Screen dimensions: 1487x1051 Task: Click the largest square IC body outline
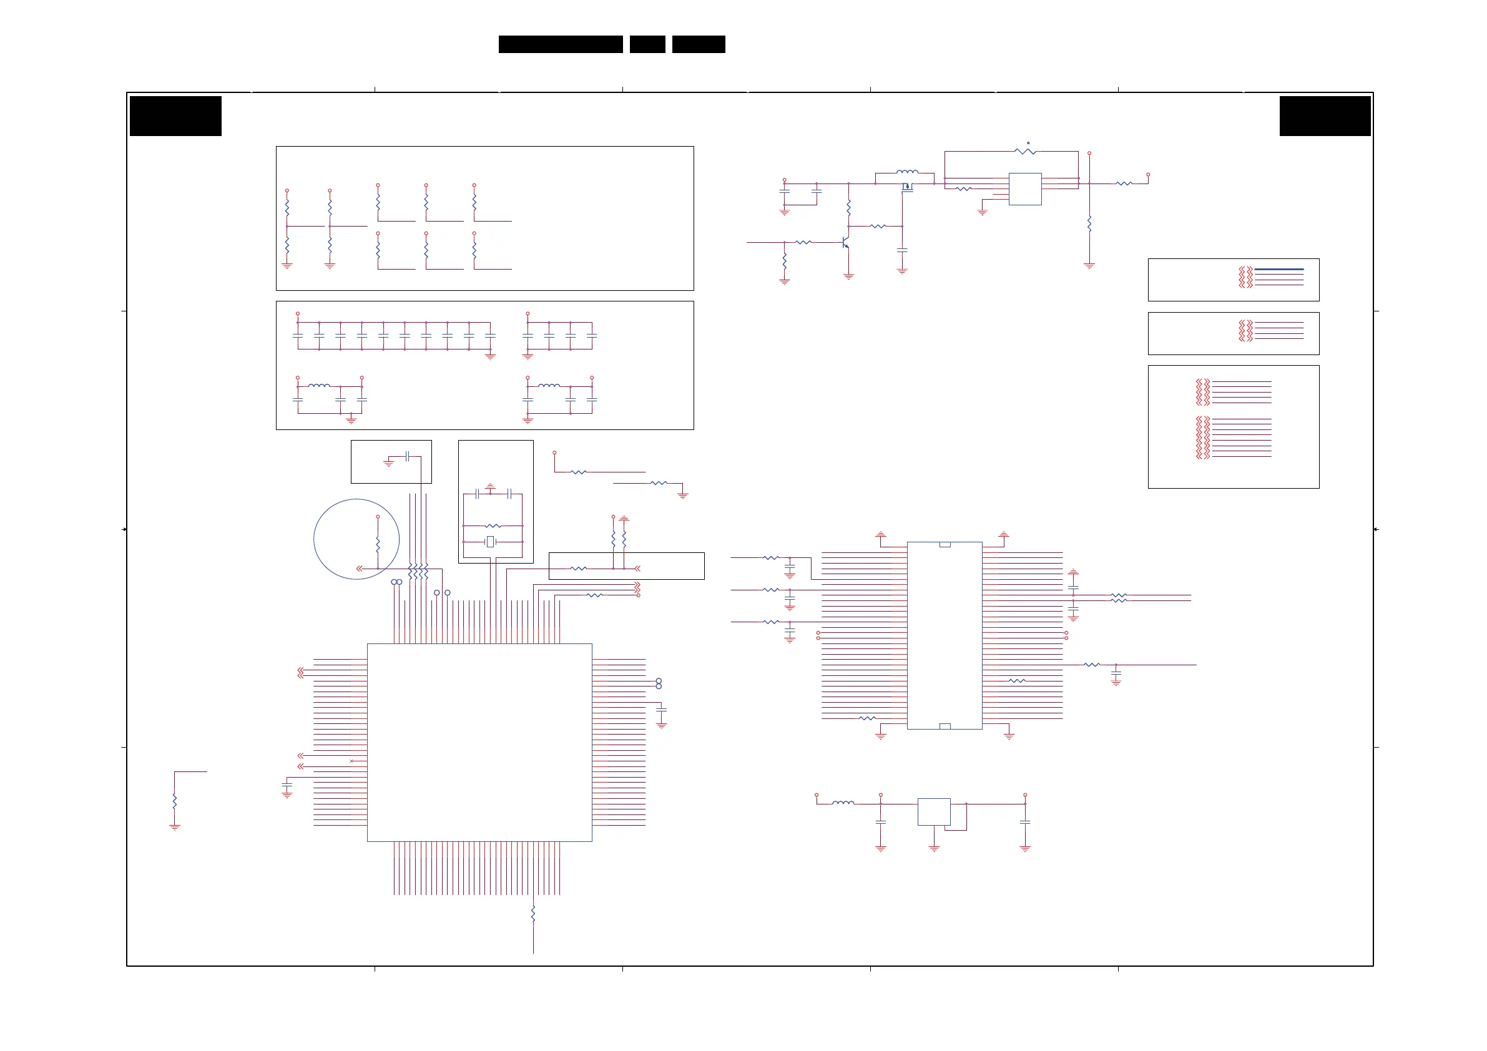(479, 742)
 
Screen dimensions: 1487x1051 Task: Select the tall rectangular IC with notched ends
(945, 635)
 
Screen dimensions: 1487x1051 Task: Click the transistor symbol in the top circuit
(845, 242)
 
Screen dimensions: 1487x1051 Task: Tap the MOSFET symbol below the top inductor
(906, 187)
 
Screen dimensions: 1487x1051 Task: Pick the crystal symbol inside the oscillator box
(490, 541)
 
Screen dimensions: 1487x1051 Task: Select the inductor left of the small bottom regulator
(843, 803)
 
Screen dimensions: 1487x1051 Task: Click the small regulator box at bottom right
(934, 811)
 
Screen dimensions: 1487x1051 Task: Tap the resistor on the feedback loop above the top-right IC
(1025, 152)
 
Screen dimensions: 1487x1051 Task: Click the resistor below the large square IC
(533, 914)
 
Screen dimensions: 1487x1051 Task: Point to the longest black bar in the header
(560, 44)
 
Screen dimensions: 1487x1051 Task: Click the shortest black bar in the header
(647, 44)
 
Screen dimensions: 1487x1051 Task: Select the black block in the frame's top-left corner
(175, 116)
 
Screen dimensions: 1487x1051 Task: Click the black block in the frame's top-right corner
(1325, 116)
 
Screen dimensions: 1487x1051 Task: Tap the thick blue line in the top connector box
(1278, 269)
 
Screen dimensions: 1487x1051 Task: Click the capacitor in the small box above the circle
(407, 456)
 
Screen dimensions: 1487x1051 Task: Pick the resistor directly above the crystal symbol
(493, 526)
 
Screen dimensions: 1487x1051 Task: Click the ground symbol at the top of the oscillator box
(490, 486)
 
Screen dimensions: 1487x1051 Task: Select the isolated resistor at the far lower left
(175, 800)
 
